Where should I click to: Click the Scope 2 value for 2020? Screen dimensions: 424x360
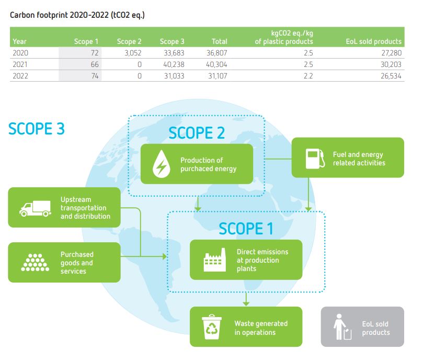133,53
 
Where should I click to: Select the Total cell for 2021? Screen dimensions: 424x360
216,64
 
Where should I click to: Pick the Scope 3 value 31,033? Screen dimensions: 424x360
174,76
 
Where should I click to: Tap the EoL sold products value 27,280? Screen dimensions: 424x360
391,53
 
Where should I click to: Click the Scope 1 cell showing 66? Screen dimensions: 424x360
95,64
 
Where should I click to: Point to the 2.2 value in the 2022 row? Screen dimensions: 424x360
308,76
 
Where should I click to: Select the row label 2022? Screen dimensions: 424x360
20,76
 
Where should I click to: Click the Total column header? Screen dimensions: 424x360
219,41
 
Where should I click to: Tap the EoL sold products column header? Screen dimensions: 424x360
374,41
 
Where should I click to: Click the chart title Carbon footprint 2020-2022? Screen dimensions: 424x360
59,15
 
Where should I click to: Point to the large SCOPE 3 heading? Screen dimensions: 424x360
37,129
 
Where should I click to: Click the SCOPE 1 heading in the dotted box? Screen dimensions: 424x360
246,229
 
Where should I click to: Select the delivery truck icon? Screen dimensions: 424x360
35,209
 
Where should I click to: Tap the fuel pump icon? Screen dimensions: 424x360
315,159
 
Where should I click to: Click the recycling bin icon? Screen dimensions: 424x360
212,327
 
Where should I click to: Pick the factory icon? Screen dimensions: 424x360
215,260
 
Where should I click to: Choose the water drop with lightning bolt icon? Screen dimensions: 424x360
162,164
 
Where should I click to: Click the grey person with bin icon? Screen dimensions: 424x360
342,327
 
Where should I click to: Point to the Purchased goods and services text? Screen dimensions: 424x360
77,263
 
